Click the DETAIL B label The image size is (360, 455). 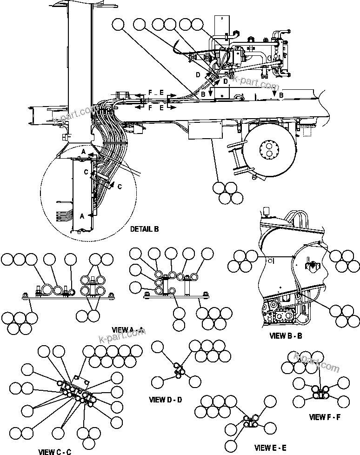point(144,229)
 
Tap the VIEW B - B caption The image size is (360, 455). point(286,335)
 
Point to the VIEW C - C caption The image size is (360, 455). point(54,451)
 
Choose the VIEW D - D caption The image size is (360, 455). point(165,399)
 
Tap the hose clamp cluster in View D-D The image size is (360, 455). point(179,370)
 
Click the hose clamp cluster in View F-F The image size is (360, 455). point(319,393)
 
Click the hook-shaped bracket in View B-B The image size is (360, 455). point(311,265)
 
